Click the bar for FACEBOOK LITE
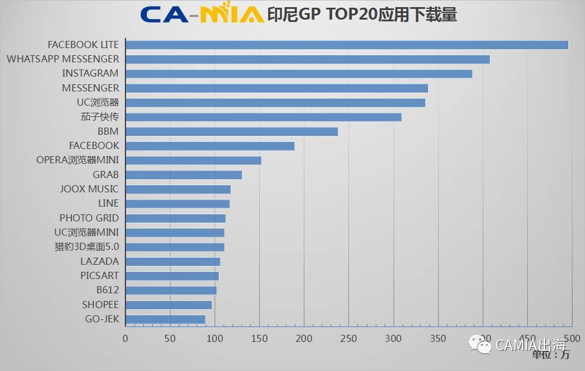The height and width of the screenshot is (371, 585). (x=347, y=45)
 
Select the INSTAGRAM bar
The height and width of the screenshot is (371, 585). (x=299, y=74)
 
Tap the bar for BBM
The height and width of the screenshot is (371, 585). (x=232, y=132)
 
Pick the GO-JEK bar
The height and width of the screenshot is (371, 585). (x=165, y=319)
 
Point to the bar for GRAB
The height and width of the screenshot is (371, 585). (x=184, y=175)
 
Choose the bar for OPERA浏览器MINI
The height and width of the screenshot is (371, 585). (x=193, y=160)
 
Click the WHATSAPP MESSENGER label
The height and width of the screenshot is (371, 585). (x=62, y=59)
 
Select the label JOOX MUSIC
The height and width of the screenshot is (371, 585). (x=89, y=189)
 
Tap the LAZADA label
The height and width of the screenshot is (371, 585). (x=99, y=261)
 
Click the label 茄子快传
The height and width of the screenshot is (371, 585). (x=99, y=117)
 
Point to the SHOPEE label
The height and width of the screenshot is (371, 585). (x=100, y=305)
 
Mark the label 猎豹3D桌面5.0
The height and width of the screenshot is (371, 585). (x=86, y=247)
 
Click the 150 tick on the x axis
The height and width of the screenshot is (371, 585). (x=259, y=338)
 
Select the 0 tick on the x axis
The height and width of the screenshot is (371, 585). (x=125, y=338)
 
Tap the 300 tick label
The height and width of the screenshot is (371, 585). (x=393, y=338)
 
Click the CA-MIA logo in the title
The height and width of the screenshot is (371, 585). (x=202, y=15)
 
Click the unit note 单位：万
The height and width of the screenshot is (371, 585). (x=551, y=355)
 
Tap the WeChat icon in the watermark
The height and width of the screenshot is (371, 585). (x=480, y=344)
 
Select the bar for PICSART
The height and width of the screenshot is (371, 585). (x=172, y=276)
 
